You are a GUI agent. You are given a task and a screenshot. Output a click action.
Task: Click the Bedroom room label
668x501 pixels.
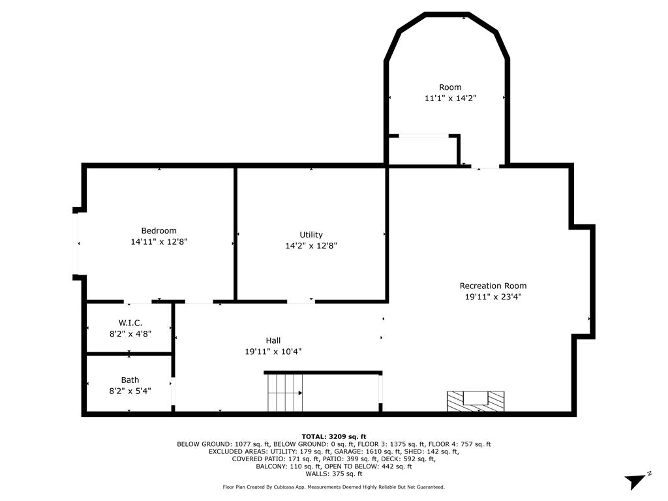click(159, 231)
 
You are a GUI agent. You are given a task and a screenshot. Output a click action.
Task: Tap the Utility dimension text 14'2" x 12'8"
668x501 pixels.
click(311, 246)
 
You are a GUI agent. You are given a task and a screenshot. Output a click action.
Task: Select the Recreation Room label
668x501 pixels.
click(493, 286)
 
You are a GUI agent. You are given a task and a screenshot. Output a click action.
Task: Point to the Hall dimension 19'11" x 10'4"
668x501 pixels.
click(273, 352)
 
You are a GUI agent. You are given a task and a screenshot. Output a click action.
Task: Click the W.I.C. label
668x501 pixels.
click(130, 323)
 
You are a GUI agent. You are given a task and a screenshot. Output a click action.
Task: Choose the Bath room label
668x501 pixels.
click(130, 380)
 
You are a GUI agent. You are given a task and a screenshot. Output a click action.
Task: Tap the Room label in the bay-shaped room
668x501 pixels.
click(449, 87)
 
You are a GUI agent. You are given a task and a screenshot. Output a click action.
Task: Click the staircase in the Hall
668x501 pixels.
click(285, 393)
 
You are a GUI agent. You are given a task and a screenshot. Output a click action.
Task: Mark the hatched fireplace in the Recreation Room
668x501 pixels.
click(475, 400)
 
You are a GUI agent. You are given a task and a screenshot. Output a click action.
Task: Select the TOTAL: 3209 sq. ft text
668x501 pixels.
click(333, 436)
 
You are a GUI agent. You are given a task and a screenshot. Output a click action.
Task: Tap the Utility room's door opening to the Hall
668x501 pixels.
click(300, 301)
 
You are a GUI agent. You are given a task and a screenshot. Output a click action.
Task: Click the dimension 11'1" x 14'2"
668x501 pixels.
click(449, 99)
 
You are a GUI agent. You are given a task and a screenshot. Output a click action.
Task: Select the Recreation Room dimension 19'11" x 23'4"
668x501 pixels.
click(493, 297)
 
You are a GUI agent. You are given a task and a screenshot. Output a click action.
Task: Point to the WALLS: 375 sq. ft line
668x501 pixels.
click(333, 474)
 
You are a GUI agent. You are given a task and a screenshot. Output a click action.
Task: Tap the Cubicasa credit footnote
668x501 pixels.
click(333, 487)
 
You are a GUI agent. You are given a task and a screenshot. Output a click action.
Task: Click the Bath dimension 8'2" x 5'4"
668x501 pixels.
click(130, 391)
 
